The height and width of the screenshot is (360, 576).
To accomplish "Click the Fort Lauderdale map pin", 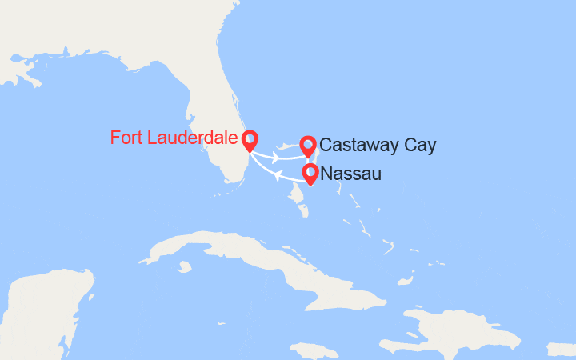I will pyautogui.click(x=250, y=141).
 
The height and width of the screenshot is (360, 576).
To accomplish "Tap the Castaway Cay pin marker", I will pyautogui.click(x=308, y=146).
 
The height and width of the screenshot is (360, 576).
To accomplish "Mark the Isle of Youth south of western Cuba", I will pyautogui.click(x=186, y=267).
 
